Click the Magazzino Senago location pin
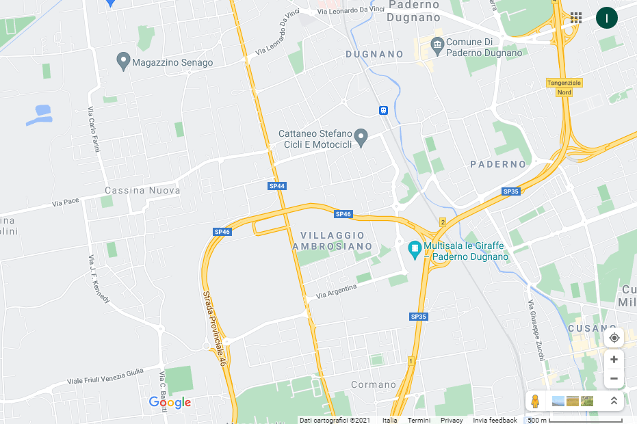pyautogui.click(x=124, y=62)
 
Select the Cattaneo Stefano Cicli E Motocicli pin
pyautogui.click(x=362, y=137)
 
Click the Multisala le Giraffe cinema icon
pyautogui.click(x=414, y=249)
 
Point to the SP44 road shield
pyautogui.click(x=277, y=186)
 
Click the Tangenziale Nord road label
pyautogui.click(x=564, y=87)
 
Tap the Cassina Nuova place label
pyautogui.click(x=142, y=190)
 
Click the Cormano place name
pyautogui.click(x=374, y=385)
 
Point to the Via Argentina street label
pyautogui.click(x=337, y=291)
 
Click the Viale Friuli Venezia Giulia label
pyautogui.click(x=105, y=375)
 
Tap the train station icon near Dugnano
pyautogui.click(x=384, y=110)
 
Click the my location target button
pyautogui.click(x=614, y=338)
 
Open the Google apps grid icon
pyautogui.click(x=576, y=18)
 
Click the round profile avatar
pyautogui.click(x=606, y=18)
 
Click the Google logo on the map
pyautogui.click(x=170, y=402)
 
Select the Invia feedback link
pyautogui.click(x=495, y=420)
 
